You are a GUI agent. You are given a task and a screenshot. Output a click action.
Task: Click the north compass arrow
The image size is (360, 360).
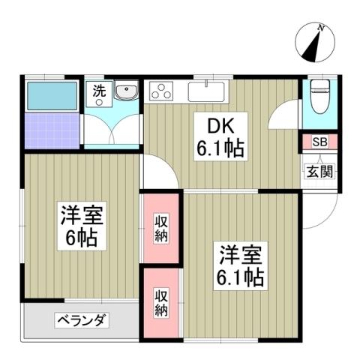[316, 43]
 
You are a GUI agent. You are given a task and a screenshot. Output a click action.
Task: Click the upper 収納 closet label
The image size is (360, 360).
[162, 229]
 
